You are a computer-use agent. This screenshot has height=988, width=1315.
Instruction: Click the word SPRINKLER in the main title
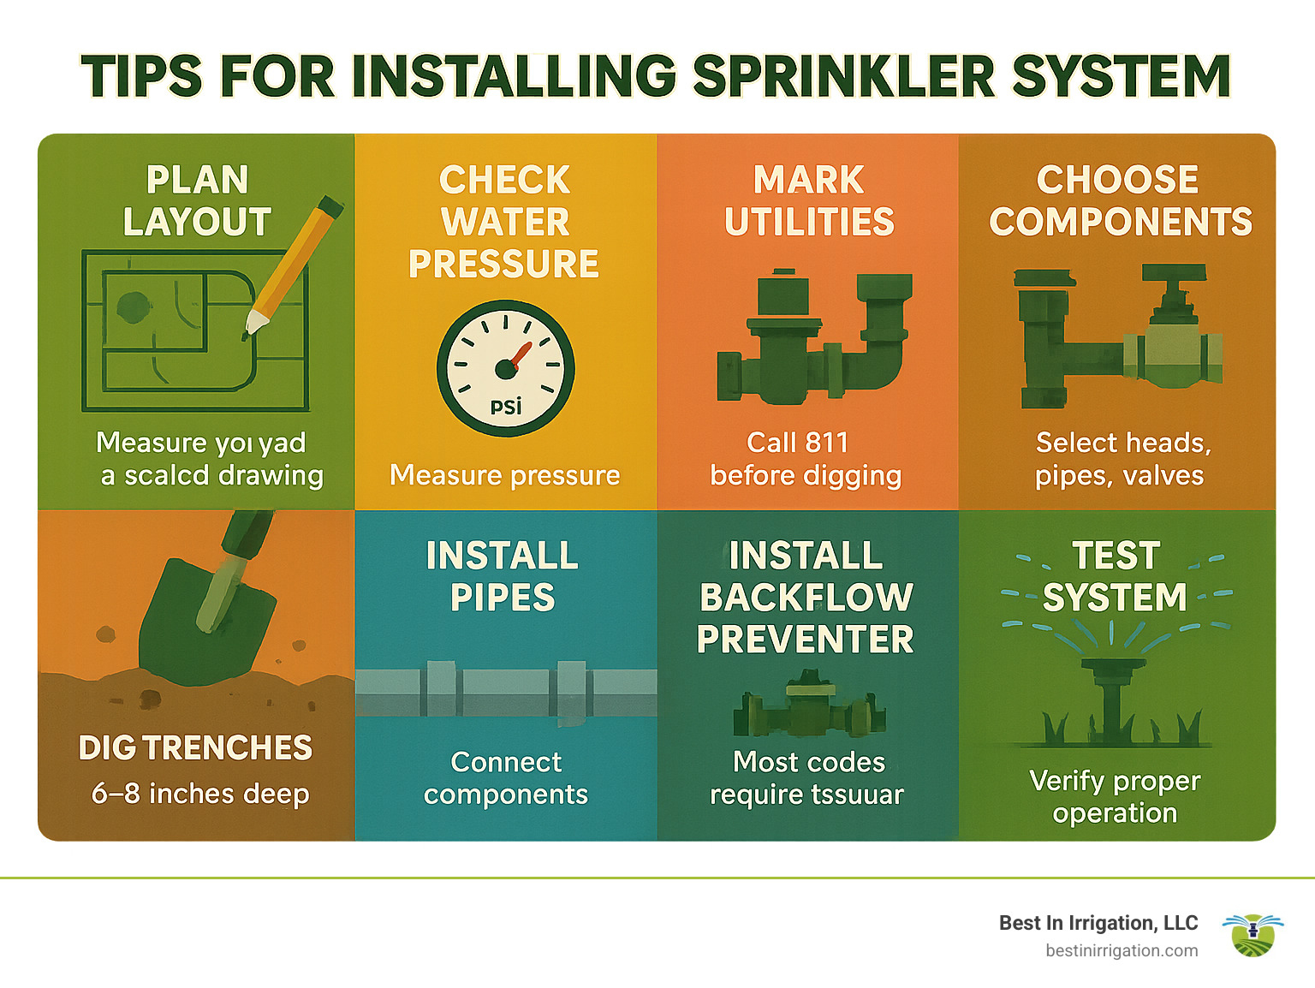point(843,76)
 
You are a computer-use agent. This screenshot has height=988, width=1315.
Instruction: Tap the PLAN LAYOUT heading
point(197,201)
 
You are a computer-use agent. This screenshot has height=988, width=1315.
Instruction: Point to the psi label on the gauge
point(506,406)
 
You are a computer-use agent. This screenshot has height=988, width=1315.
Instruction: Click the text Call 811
point(797,443)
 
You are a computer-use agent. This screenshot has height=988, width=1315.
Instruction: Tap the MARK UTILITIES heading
point(809,201)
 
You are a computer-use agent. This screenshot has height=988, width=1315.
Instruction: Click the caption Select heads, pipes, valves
point(1122,459)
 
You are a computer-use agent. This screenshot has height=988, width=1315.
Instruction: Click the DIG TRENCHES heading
point(195,748)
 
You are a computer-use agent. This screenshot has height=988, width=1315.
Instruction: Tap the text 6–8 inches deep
point(200,794)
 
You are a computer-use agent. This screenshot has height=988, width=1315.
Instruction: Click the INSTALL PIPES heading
point(503,576)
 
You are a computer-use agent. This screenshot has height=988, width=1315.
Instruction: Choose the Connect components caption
point(506,778)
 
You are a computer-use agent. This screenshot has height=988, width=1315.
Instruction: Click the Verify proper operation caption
point(1115,796)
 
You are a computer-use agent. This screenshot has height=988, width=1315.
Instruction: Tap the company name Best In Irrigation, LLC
point(1098,923)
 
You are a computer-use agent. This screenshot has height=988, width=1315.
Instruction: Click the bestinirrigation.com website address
point(1122,950)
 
